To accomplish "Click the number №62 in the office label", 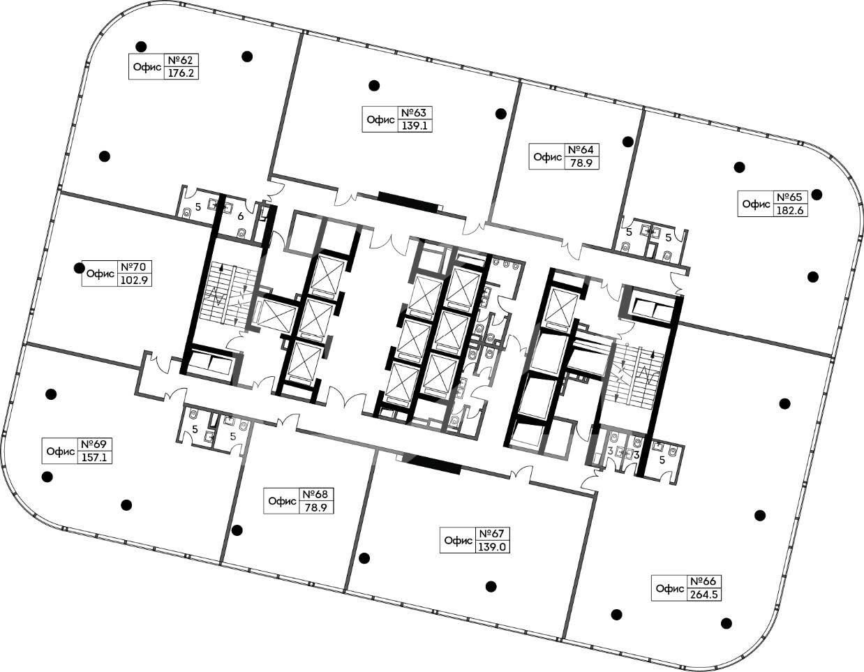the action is point(181,60).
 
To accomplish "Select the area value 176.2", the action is point(181,73).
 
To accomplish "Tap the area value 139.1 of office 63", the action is point(415,126).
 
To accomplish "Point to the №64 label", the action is point(581,150).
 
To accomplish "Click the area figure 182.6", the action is point(790,211).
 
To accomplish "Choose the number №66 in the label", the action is point(703,581).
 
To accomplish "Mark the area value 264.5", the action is point(703,595).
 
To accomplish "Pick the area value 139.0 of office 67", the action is point(492,547).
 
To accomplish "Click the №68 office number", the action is point(315,494).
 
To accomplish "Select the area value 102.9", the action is point(134,280).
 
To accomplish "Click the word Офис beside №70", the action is point(100,274).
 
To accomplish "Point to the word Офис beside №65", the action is point(757,204).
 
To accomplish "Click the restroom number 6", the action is point(240,216).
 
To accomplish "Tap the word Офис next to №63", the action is point(381,119).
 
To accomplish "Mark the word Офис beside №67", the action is point(459,541).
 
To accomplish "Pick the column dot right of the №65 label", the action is point(817,195).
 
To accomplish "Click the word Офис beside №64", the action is point(548,157).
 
